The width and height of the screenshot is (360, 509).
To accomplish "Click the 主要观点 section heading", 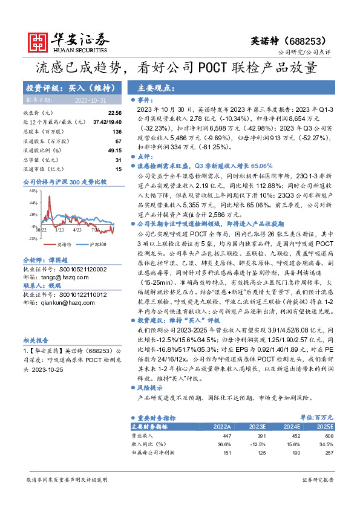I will click(157, 87).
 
